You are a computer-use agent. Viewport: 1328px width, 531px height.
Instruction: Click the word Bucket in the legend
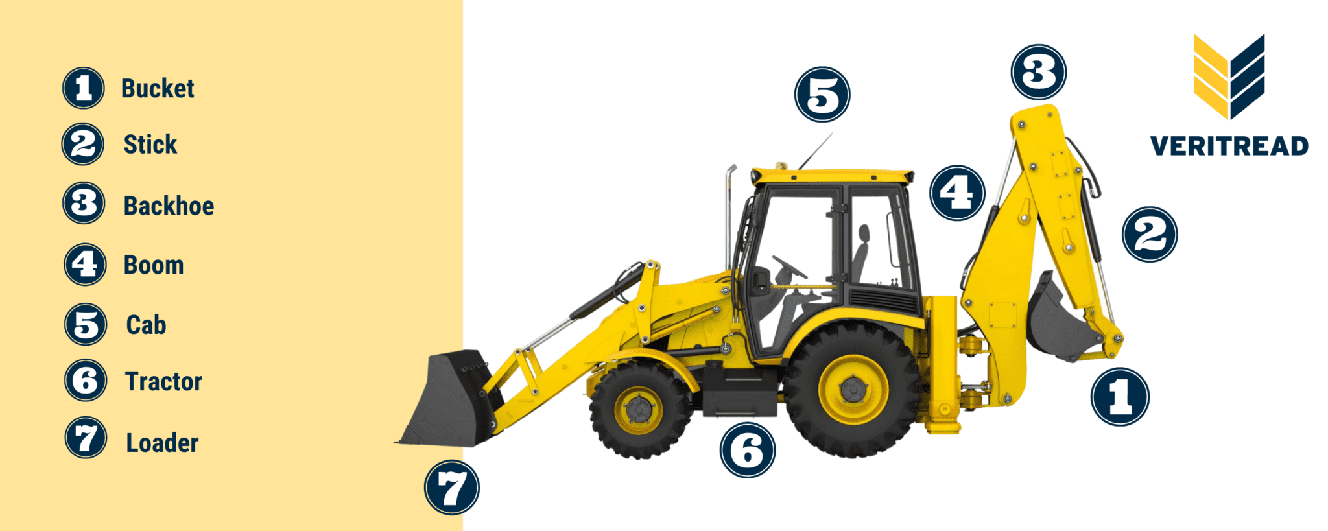[x=158, y=89]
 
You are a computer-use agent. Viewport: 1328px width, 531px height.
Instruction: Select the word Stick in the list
[x=150, y=145]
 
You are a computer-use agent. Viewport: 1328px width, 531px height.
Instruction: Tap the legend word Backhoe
[x=169, y=206]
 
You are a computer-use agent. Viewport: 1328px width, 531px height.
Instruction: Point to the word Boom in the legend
[x=154, y=265]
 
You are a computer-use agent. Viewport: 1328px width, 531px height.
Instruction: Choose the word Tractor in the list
[x=163, y=382]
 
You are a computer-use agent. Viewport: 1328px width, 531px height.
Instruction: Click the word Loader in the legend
[x=162, y=443]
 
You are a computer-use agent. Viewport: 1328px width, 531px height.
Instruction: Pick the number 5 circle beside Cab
[x=86, y=324]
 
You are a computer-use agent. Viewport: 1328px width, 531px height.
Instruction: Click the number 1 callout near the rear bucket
[x=1120, y=397]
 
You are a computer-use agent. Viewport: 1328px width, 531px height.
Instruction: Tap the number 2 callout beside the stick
[x=1150, y=234]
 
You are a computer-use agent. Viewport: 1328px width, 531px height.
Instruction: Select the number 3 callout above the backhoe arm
[x=1038, y=72]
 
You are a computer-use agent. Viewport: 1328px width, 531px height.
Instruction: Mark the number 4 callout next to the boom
[x=957, y=193]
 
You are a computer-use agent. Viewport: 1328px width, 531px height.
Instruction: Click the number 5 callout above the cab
[x=822, y=95]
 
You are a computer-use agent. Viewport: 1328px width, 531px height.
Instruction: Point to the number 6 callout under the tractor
[x=747, y=450]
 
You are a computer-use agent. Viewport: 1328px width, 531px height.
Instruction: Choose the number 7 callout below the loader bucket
[x=452, y=488]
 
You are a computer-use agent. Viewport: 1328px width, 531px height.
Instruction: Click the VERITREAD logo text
[x=1229, y=146]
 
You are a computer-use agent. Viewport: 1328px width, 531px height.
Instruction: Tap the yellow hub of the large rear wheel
[x=853, y=390]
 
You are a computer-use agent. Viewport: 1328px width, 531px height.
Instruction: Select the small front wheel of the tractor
[x=639, y=410]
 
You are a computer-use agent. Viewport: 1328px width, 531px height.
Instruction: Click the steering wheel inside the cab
[x=790, y=266]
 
